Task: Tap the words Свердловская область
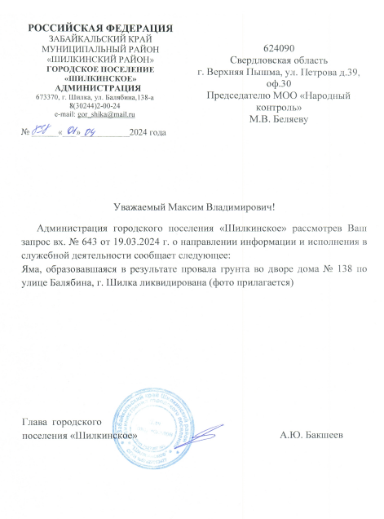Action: click(x=280, y=60)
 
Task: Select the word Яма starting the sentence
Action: click(x=33, y=268)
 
